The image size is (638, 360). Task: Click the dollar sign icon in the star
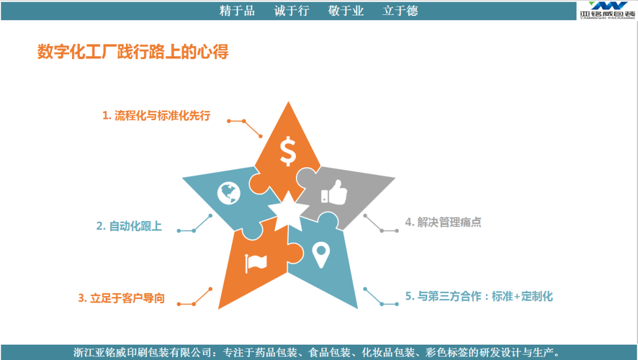point(288,151)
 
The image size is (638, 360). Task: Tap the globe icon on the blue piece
point(229,193)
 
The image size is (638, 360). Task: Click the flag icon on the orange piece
point(256,263)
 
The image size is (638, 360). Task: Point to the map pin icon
point(321,255)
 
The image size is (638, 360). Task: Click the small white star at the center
point(288,211)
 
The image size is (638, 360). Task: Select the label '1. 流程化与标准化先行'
point(156,116)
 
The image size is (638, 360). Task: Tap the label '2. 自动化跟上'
point(129,226)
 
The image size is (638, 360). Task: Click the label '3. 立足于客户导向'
point(121,298)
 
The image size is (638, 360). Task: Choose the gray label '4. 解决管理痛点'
point(443,222)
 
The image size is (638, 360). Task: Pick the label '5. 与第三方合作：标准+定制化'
point(479,296)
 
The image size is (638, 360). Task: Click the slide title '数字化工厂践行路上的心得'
point(133,51)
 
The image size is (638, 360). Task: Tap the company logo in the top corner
point(607,10)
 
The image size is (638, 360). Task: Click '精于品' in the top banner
point(237,11)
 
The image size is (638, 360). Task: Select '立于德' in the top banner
point(401,11)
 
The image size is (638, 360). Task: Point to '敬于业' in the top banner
point(346,11)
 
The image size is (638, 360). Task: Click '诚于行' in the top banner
point(292,11)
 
